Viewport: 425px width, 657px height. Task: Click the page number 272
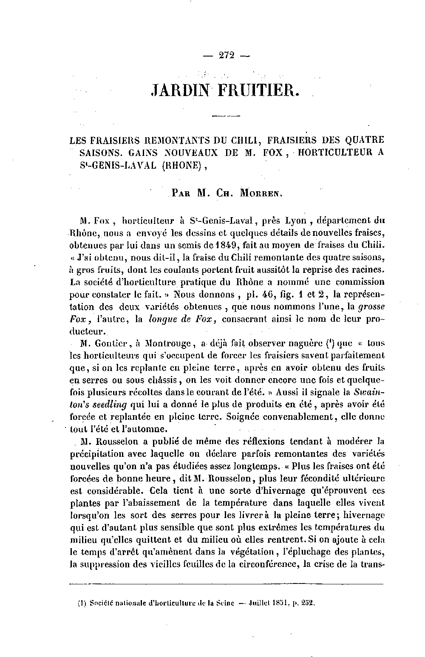[227, 56]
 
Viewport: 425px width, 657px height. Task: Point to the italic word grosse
[371, 306]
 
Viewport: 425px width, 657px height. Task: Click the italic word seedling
[110, 405]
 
